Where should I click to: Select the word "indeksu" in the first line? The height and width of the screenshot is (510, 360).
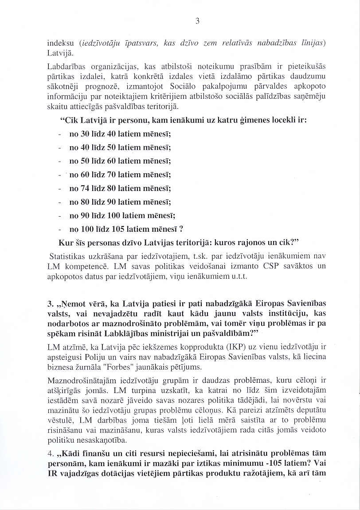tap(61, 43)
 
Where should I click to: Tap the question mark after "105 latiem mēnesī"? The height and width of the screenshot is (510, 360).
tap(180, 230)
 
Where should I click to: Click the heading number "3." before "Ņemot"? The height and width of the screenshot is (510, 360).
tap(51, 304)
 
